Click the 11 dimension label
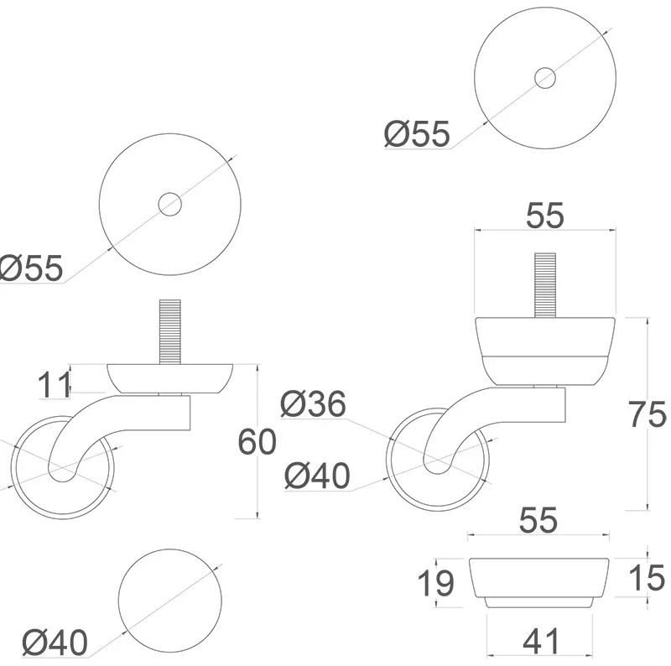(x=54, y=384)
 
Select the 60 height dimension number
(x=257, y=442)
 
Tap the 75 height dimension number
(x=647, y=414)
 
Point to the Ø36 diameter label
(x=313, y=403)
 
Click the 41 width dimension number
(x=541, y=641)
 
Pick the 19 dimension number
(x=435, y=583)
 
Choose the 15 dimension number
(x=647, y=578)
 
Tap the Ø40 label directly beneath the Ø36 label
(x=317, y=476)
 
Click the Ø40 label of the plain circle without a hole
(x=55, y=642)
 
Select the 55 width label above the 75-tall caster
(x=544, y=216)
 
